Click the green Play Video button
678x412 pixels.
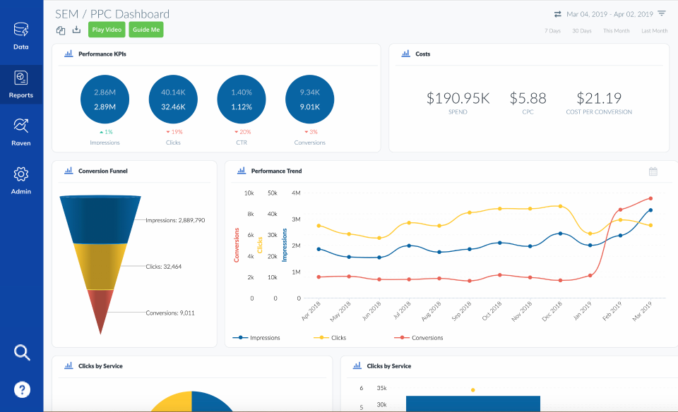[x=107, y=30]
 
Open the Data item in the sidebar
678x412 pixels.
[x=21, y=35]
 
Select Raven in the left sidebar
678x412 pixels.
[x=21, y=131]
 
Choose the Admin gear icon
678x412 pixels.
[x=21, y=179]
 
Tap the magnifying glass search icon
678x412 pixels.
[x=23, y=353]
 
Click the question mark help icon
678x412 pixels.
[x=22, y=389]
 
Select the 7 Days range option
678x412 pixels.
[x=552, y=31]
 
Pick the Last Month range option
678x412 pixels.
[x=654, y=31]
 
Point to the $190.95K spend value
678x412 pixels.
[x=458, y=99]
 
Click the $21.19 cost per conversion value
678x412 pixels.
[x=599, y=99]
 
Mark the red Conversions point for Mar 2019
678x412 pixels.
[x=650, y=198]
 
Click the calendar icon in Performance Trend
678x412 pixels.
[x=653, y=171]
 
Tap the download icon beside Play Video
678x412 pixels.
[x=77, y=30]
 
